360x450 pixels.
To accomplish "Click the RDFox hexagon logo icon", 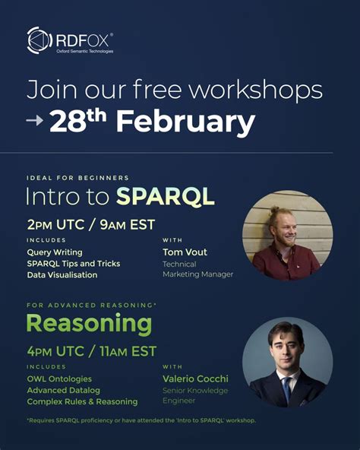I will [39, 40].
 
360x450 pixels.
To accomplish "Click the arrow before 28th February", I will [35, 122].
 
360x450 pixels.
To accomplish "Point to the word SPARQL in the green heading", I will [166, 197].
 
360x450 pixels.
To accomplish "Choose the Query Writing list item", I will [55, 252].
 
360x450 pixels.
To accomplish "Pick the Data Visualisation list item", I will [62, 274].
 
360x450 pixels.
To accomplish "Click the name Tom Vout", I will [185, 252].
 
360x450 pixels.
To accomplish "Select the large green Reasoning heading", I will [90, 323].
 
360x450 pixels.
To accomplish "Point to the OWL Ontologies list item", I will [59, 379].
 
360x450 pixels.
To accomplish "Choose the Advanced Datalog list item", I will [63, 390].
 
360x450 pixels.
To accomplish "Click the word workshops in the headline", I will [254, 90].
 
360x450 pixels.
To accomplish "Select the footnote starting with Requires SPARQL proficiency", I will [141, 420].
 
